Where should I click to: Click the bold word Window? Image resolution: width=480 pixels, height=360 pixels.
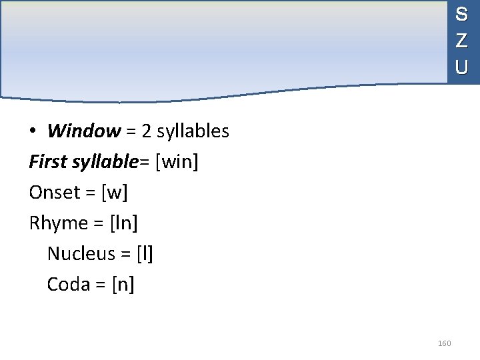[83, 131]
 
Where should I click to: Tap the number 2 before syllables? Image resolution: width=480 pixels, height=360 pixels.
[145, 131]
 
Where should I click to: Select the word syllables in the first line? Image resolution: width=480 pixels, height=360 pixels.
[193, 131]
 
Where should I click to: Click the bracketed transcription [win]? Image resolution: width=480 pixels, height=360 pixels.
[177, 162]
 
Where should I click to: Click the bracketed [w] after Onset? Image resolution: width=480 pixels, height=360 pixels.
[114, 193]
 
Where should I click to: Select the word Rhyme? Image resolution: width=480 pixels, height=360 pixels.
[59, 223]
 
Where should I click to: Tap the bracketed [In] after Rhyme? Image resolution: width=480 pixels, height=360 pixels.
[123, 223]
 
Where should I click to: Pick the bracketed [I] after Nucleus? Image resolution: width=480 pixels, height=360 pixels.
[145, 254]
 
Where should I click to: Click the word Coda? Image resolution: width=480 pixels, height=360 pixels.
[69, 285]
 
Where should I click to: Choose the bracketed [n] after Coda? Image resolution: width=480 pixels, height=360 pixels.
[123, 285]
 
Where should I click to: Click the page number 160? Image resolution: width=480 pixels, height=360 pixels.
[444, 343]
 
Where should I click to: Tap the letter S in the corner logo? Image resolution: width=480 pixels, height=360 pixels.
[461, 14]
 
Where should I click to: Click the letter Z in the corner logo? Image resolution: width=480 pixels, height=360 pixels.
[461, 41]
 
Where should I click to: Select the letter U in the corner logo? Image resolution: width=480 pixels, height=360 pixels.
[461, 67]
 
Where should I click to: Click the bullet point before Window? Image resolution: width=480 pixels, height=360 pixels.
[32, 132]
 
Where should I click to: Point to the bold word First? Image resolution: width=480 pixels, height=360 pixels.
[49, 162]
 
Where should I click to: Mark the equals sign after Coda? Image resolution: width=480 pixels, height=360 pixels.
[101, 285]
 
